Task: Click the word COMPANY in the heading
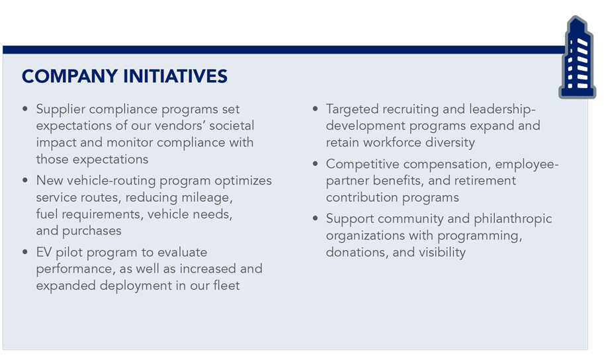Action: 69,76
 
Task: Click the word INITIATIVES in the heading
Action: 176,76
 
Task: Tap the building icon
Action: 577,58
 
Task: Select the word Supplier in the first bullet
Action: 61,109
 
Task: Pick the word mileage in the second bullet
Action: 207,198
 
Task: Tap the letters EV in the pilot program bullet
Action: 44,252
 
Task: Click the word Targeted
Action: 353,109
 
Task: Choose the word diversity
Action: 450,143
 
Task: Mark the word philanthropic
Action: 513,219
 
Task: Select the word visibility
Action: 442,252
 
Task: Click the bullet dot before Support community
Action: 316,218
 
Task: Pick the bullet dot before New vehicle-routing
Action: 25,181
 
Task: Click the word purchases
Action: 92,231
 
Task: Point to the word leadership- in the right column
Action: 502,109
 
